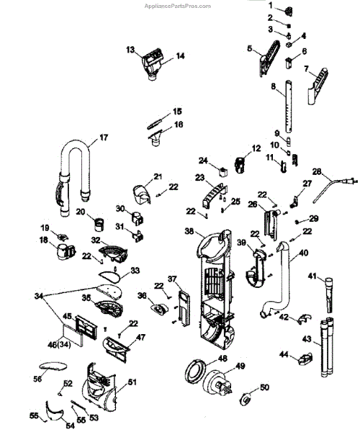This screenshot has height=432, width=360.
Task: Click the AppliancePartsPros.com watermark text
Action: point(177,6)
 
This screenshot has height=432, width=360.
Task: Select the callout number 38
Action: point(189,231)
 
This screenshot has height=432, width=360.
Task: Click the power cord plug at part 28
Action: point(351,181)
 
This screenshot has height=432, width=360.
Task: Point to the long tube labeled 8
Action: point(288,107)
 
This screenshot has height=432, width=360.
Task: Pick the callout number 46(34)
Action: point(60,344)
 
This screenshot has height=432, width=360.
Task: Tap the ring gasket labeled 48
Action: point(196,370)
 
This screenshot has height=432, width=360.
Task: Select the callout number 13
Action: point(130,50)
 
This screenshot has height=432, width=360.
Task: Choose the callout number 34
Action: point(39,296)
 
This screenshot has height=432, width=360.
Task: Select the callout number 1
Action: point(271,5)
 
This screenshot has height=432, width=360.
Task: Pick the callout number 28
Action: point(317,171)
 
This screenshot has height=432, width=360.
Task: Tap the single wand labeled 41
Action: point(330,295)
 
